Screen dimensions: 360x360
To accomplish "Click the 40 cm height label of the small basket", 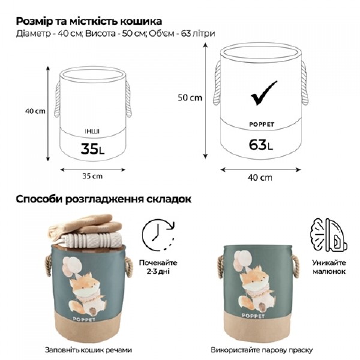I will [x=35, y=111].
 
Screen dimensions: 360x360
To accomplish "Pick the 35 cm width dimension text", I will [x=92, y=176].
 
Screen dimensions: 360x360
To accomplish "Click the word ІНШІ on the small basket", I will [x=92, y=130].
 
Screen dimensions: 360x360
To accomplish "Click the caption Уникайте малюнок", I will [x=328, y=267].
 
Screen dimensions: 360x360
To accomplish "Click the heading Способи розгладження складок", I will [x=104, y=199].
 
